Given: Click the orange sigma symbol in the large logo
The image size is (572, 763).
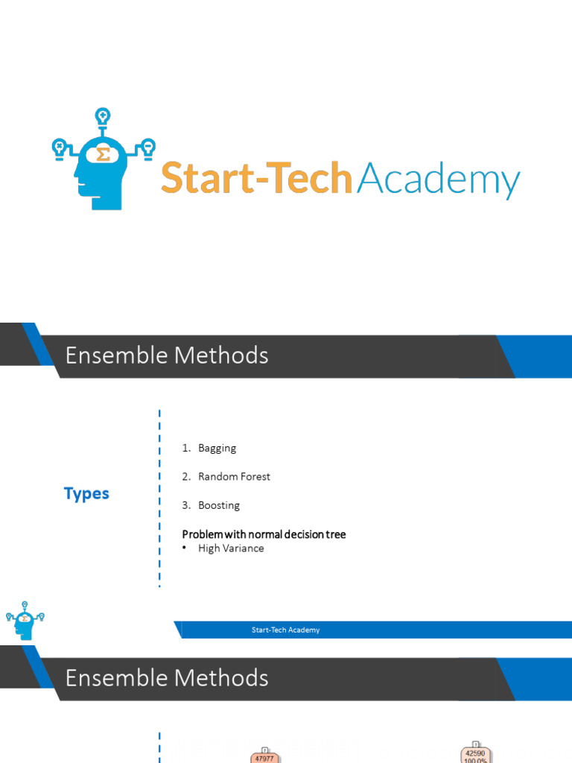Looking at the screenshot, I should tap(104, 154).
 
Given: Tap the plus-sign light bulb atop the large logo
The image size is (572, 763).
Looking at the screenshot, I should tap(102, 117).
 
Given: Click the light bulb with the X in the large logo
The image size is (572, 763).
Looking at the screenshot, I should tap(59, 146).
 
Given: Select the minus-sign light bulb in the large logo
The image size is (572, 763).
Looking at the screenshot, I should tap(148, 146).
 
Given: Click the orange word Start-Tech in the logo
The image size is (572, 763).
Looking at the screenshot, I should tap(256, 179).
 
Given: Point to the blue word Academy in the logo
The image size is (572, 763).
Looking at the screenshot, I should tap(438, 180).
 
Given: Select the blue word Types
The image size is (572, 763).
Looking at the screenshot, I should tap(86, 494).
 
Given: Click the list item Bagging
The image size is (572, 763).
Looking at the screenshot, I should tap(217, 448).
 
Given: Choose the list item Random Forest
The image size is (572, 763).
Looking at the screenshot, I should tap(234, 477).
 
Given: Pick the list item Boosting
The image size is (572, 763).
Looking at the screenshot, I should tap(218, 505).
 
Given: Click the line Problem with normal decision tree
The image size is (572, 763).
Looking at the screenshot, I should tap(264, 534).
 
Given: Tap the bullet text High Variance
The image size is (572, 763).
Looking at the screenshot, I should tap(231, 548).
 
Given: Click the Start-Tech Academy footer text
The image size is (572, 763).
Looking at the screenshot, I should tap(285, 630).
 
